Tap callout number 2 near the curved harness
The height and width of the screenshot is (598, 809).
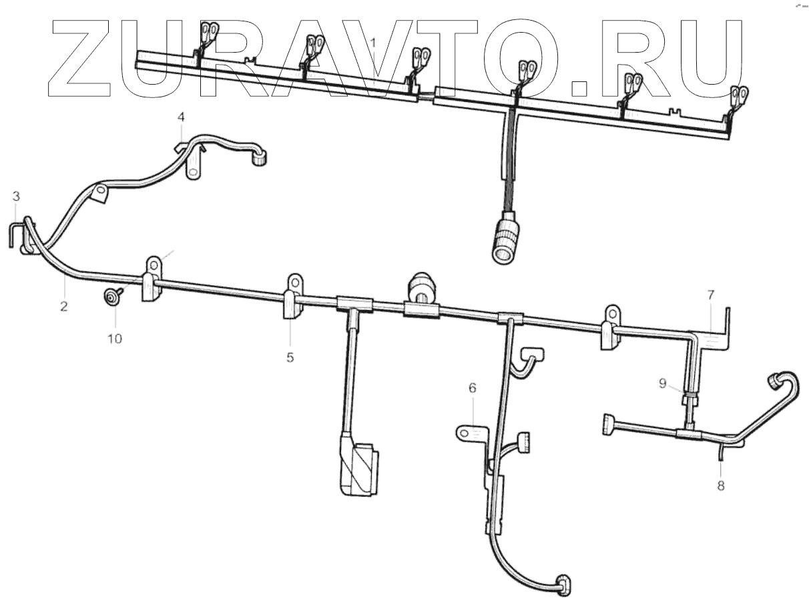coord(63,307)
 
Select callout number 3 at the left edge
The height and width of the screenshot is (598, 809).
coord(16,196)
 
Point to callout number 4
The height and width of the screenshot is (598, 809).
coord(180,117)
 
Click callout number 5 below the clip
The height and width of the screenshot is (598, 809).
coord(290,357)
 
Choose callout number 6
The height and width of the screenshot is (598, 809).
coord(473,387)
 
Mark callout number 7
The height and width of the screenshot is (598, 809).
coord(711,294)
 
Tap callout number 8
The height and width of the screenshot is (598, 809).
coord(720,485)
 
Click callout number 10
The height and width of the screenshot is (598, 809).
coord(115,338)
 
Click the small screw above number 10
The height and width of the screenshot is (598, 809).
coord(109,296)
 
